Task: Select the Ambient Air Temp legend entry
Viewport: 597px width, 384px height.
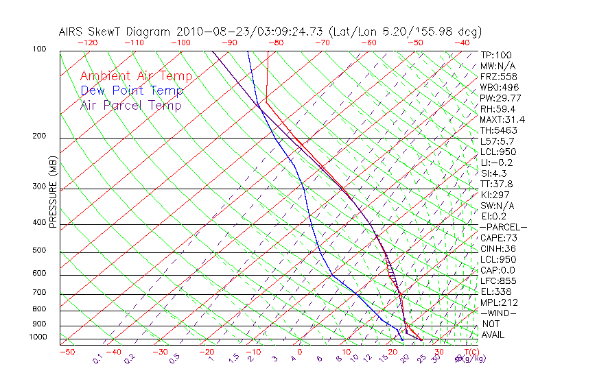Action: point(136,76)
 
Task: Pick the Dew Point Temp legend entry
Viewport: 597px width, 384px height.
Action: point(132,91)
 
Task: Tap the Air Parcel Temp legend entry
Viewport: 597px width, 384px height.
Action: point(130,105)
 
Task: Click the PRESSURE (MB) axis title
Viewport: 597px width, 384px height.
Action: point(52,193)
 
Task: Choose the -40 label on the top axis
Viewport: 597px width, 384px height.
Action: point(462,43)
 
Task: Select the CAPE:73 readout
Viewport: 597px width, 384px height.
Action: point(498,238)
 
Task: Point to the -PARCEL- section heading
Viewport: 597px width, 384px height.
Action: point(504,227)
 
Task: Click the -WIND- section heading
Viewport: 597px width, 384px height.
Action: point(499,313)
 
